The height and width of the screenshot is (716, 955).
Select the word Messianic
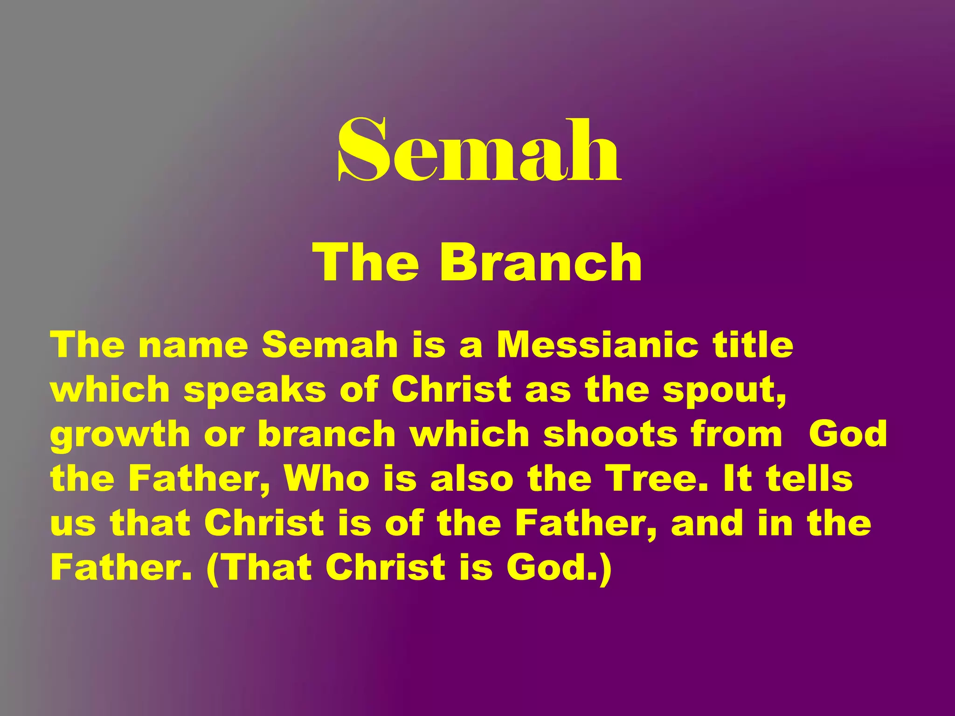pos(597,345)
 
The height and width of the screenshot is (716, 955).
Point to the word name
pos(193,346)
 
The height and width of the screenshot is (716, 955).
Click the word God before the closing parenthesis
pos(551,568)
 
